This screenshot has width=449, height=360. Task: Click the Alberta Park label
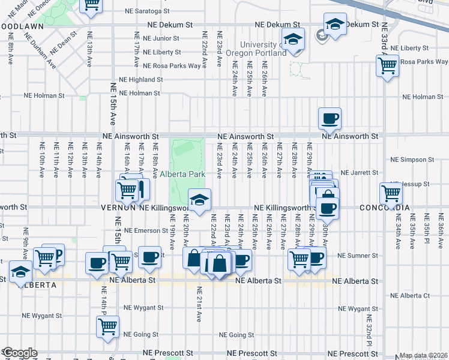(182, 174)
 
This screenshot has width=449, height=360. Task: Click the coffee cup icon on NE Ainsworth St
(329, 118)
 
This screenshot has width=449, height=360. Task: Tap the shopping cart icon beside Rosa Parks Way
(388, 65)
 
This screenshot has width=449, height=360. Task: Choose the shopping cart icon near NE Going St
(107, 327)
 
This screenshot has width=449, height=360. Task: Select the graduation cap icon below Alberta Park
(199, 200)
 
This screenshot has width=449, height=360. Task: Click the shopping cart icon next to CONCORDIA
(391, 194)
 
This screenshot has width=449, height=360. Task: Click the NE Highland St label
(141, 79)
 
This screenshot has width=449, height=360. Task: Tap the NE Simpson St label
(412, 160)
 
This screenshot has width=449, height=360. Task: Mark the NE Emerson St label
(145, 230)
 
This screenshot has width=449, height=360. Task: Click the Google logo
(19, 353)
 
